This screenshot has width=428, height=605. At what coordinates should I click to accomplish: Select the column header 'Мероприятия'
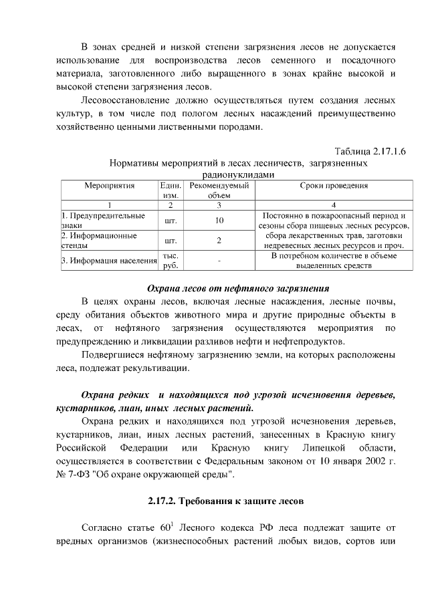click(x=109, y=185)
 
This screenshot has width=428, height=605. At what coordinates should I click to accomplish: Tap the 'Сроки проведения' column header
click(x=334, y=185)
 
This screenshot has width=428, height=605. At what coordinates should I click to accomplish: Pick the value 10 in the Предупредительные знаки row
click(x=219, y=221)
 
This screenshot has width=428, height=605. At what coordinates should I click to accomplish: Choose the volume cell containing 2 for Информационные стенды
click(x=219, y=241)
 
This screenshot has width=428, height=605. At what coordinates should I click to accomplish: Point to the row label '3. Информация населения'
click(x=108, y=261)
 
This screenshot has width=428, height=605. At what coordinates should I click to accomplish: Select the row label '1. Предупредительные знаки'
click(x=103, y=221)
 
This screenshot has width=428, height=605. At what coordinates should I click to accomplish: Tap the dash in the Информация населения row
click(x=219, y=261)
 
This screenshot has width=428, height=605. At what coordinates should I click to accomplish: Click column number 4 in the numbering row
click(x=334, y=205)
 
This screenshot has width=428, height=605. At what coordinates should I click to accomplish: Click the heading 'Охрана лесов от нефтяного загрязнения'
click(x=238, y=289)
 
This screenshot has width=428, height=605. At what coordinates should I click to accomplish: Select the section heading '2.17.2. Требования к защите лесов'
click(x=226, y=500)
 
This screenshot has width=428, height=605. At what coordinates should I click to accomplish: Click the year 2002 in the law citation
click(x=364, y=461)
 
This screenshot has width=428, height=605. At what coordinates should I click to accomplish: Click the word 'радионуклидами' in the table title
click(x=238, y=174)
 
